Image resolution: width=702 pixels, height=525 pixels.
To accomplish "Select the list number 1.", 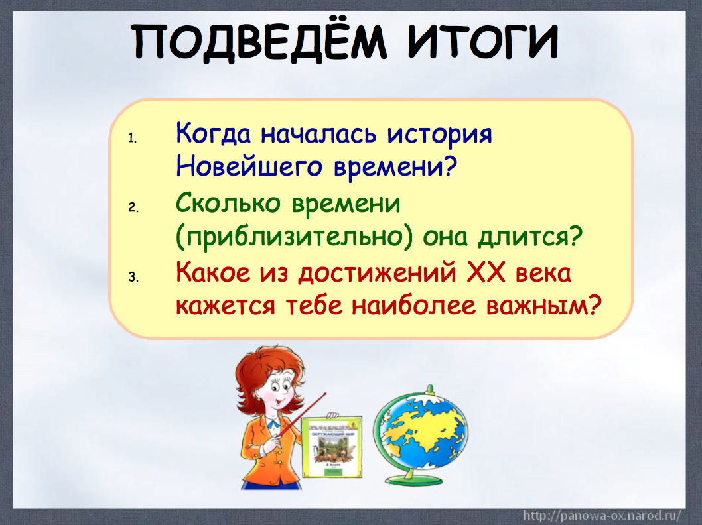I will coord(132,138).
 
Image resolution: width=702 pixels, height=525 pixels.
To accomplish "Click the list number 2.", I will coord(132,207).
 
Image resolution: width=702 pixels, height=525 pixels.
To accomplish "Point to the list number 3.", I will coord(132,277).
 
